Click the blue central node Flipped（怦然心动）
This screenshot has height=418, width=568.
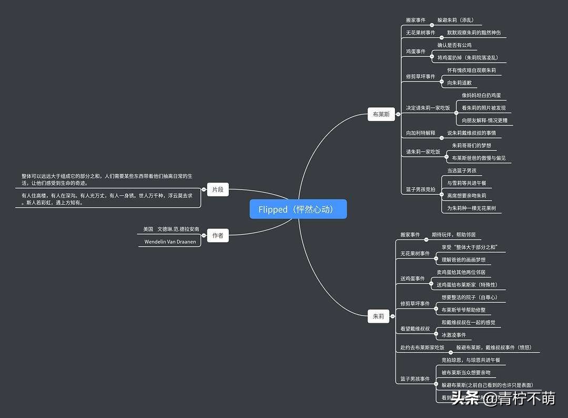(x=298, y=209)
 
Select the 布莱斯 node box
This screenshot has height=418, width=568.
(x=381, y=114)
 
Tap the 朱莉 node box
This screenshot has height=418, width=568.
(x=378, y=317)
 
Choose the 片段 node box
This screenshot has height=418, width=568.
(x=218, y=190)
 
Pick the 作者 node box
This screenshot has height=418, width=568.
(x=218, y=236)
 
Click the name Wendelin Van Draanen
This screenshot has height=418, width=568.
(x=170, y=242)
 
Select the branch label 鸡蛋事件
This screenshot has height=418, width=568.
(x=415, y=52)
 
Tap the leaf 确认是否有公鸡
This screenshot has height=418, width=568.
(x=454, y=45)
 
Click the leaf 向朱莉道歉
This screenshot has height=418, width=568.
(x=459, y=83)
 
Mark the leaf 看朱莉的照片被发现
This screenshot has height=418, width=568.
(x=483, y=108)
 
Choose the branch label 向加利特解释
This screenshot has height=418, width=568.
(x=420, y=133)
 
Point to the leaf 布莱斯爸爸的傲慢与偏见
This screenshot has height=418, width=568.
(x=479, y=158)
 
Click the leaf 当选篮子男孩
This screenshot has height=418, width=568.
(x=461, y=170)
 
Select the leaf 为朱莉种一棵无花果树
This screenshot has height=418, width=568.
(x=471, y=208)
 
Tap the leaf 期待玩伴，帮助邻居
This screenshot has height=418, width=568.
(x=453, y=235)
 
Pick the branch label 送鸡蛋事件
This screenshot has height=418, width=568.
(x=412, y=279)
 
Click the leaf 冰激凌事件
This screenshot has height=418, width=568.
(x=453, y=335)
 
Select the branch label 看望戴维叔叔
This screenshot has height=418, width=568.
(x=415, y=329)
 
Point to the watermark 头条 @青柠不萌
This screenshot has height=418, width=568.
(x=503, y=399)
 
